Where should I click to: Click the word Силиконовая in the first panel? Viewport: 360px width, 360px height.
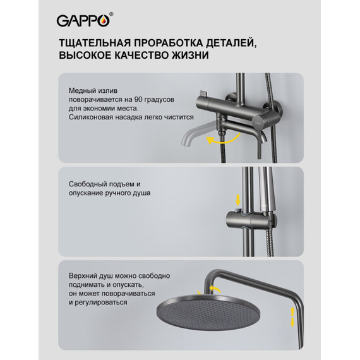(93, 117)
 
